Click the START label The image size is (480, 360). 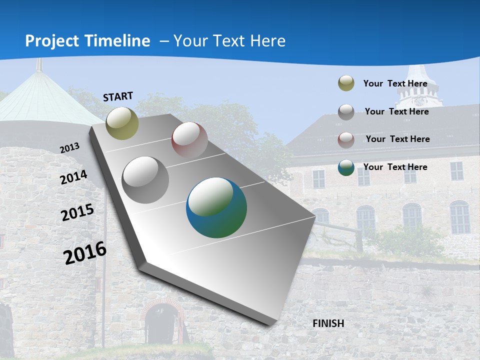[x=118, y=96]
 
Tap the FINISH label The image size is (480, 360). [x=328, y=323]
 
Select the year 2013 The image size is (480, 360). [x=70, y=147]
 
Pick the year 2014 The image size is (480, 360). [x=73, y=177]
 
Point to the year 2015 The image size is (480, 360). [x=77, y=212]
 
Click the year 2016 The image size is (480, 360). [x=85, y=252]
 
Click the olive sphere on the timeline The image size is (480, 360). [x=122, y=123]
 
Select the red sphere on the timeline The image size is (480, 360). [x=189, y=140]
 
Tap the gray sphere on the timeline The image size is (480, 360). [x=145, y=180]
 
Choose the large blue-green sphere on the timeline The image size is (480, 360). [x=216, y=207]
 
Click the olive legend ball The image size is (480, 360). [x=346, y=83]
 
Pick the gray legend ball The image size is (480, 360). [x=346, y=112]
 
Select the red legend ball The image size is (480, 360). [x=346, y=140]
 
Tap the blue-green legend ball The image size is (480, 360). [x=346, y=167]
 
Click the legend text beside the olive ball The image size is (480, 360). [x=395, y=83]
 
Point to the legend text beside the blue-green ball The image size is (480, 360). [x=395, y=167]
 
